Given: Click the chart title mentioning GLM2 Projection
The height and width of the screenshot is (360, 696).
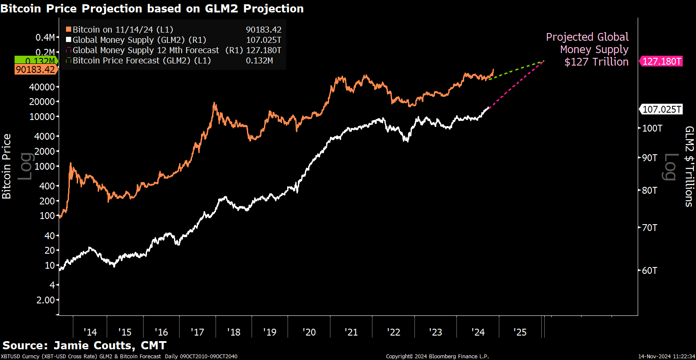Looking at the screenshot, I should [x=152, y=9].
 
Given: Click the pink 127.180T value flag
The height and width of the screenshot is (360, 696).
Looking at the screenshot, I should [x=661, y=61].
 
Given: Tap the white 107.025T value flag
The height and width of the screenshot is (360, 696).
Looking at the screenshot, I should [x=661, y=109].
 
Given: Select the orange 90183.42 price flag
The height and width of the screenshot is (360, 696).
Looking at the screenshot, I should [x=36, y=69].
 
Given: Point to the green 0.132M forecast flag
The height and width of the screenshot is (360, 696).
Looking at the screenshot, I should [x=36, y=61].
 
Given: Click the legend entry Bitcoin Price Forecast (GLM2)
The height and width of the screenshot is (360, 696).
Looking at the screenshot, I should [x=141, y=60].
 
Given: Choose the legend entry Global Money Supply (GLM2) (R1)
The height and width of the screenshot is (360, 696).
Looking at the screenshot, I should [x=139, y=40].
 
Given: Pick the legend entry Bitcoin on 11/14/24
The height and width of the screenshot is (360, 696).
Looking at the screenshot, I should [x=123, y=30].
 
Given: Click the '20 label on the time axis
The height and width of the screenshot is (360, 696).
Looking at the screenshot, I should [x=309, y=332].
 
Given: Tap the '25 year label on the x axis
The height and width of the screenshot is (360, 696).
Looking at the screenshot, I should [x=520, y=332].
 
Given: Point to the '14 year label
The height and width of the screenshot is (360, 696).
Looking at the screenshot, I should [x=90, y=332].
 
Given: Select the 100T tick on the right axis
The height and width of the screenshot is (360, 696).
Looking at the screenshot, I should [x=652, y=128].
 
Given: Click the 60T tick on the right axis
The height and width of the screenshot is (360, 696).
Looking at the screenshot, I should [x=649, y=270].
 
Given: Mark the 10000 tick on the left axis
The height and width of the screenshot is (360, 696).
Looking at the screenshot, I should [x=42, y=117].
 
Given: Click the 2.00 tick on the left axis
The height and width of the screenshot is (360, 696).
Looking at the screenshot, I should [x=45, y=300].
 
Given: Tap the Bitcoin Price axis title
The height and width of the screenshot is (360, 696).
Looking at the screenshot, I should [x=6, y=166].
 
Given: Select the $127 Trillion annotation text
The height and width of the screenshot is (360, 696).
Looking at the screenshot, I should [x=596, y=62].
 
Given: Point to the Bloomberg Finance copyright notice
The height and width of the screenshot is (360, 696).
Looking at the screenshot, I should [x=437, y=356].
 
